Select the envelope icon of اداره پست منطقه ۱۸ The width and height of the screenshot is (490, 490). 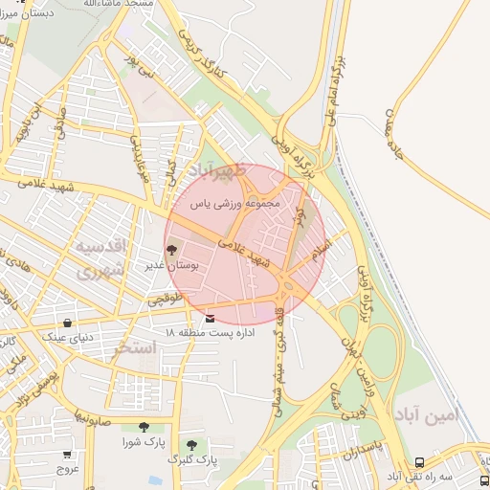click(x=211, y=317)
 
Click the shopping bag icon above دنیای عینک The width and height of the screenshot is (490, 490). click(x=66, y=323)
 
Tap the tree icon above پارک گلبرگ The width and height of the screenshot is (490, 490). click(x=192, y=445)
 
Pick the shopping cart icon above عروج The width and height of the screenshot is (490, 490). click(x=66, y=455)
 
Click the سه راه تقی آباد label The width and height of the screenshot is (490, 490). click(x=392, y=476)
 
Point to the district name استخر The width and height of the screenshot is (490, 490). click(x=133, y=346)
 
